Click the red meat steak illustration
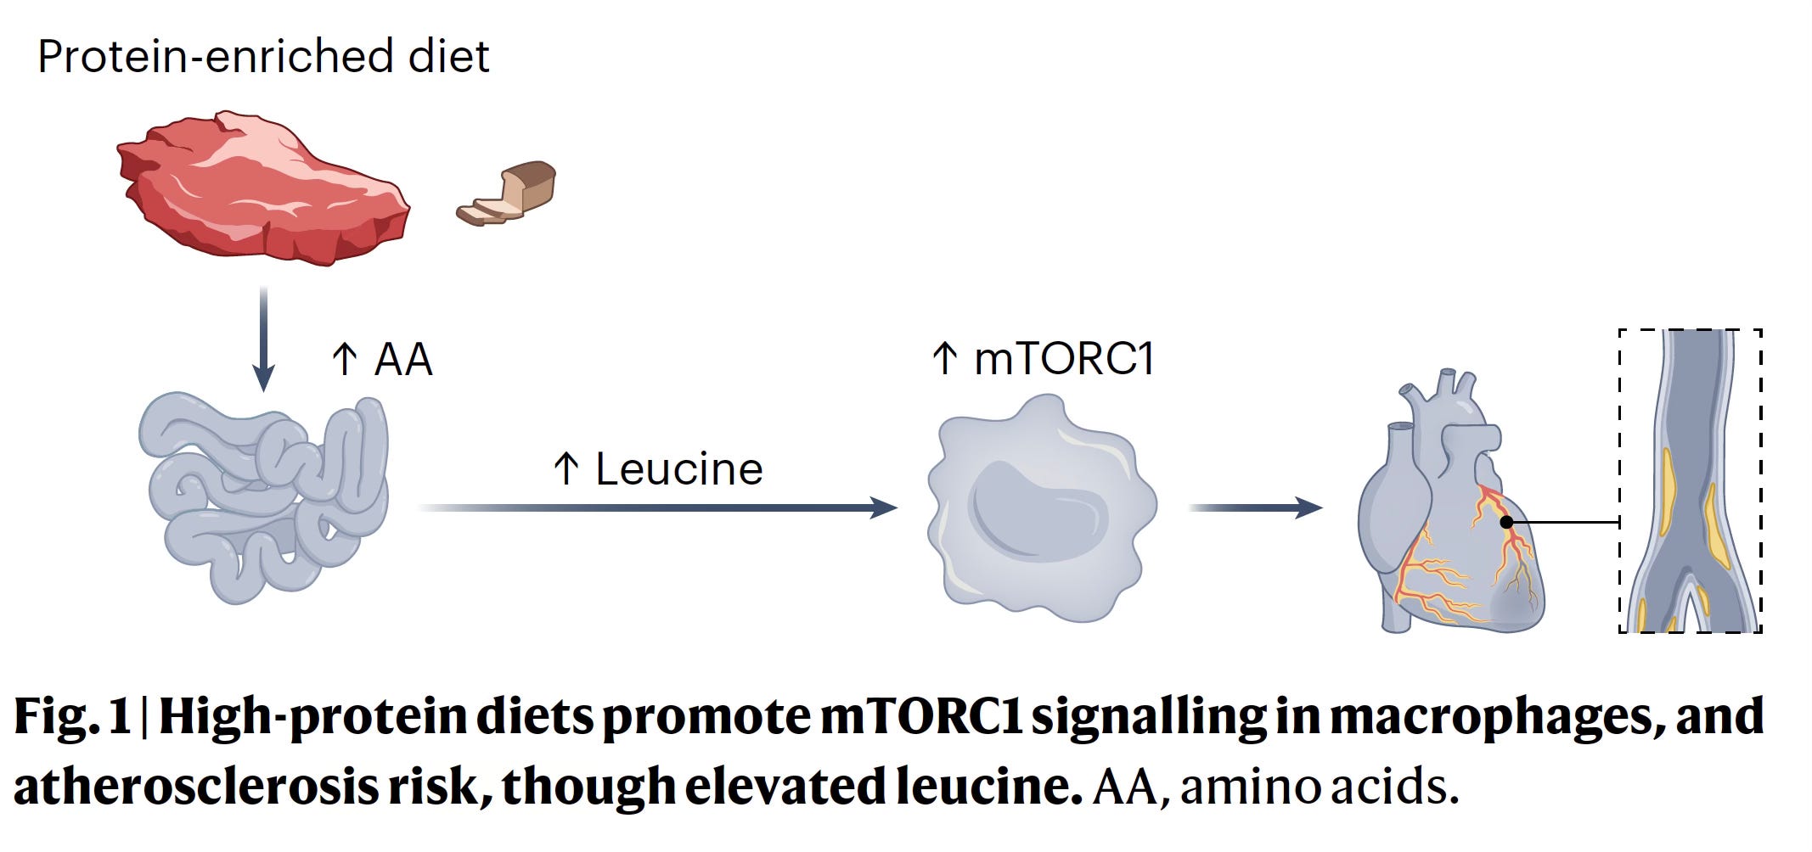(x=263, y=188)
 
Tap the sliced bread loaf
(x=509, y=194)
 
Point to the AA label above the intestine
(x=403, y=359)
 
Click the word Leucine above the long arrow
(x=678, y=469)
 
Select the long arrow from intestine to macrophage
(x=658, y=507)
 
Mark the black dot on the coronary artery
(x=1506, y=522)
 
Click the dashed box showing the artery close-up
(x=1690, y=480)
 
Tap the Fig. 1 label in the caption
(x=72, y=717)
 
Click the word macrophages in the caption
(x=1494, y=717)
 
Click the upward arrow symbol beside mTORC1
(x=945, y=358)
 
